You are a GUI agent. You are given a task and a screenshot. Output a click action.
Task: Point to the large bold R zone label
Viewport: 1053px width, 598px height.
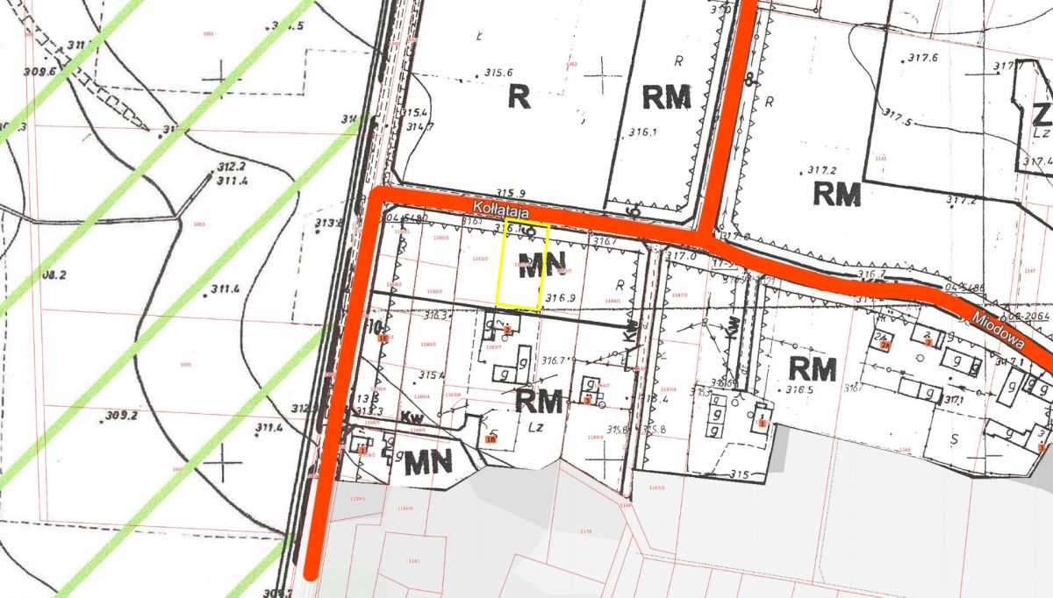click(x=519, y=97)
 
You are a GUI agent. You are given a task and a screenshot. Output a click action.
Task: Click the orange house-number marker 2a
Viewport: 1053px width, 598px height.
click(x=885, y=345)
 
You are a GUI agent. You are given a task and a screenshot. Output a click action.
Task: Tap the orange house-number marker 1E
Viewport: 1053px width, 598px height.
click(x=382, y=337)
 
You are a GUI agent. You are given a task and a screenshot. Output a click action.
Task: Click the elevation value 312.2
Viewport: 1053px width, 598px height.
click(x=231, y=166)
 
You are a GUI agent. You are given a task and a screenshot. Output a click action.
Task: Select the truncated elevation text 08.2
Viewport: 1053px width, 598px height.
click(x=54, y=274)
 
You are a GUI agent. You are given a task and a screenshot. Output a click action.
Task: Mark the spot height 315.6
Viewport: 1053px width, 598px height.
click(x=499, y=73)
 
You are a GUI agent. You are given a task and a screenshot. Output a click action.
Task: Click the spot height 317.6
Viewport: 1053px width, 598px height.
click(x=922, y=58)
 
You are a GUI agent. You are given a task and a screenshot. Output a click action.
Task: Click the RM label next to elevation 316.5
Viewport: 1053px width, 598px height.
click(x=813, y=367)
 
